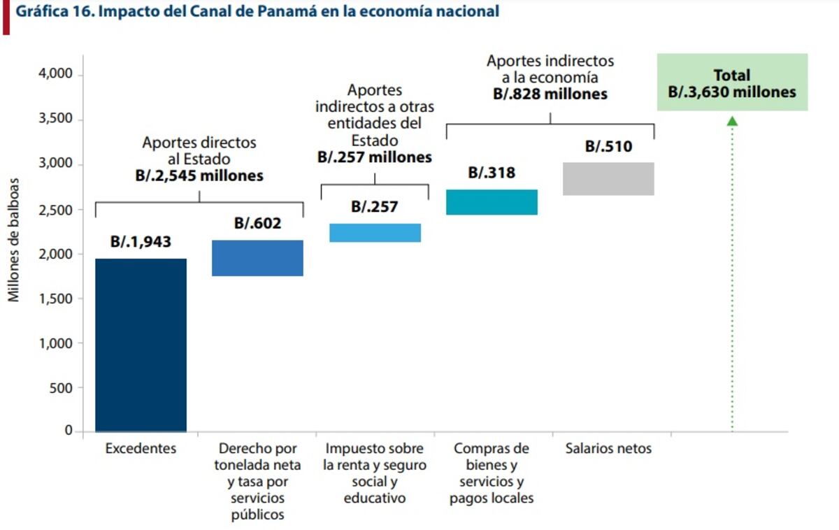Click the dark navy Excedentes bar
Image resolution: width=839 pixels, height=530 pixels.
pos(141,345)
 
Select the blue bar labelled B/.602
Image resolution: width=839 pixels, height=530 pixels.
pos(257,258)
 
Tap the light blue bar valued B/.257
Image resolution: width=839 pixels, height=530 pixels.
pos(375,233)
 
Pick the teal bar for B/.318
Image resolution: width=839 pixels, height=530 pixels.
pos(492,202)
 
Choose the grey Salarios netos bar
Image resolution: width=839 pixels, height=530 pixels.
pos(608,179)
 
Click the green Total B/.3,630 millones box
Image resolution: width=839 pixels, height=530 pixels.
pos(732,83)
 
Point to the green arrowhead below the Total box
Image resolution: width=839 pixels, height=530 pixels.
pos(732,121)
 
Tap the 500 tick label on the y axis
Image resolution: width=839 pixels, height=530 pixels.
pos(61,387)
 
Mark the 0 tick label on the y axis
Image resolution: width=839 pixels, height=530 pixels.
pos(69,431)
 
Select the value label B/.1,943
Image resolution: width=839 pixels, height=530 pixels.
pos(141,242)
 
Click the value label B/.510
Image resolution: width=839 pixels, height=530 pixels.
pos(608,147)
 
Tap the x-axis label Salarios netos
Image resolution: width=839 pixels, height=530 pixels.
pos(608,449)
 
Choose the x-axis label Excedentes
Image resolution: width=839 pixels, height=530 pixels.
pos(141,449)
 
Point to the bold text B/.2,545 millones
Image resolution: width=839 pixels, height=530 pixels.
pos(199,176)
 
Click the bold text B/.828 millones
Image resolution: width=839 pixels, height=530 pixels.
pos(550,94)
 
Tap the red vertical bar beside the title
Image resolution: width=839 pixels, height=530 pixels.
pos(6,17)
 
